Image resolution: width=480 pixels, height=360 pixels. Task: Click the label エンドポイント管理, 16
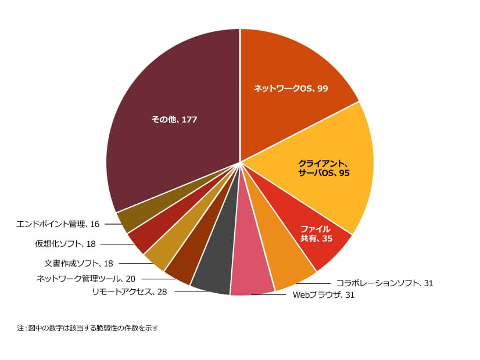58,224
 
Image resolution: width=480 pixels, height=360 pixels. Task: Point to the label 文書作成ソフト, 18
78,264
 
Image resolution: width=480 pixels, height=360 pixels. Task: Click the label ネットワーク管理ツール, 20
85,278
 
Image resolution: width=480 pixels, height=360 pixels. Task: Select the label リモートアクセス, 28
129,291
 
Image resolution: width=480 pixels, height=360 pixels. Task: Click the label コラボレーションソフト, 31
384,283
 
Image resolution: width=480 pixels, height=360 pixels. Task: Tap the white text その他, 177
174,120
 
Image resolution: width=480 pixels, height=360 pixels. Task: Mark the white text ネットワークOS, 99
291,88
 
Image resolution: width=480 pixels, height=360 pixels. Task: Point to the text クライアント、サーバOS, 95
324,168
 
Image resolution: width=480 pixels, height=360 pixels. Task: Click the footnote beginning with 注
88,328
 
